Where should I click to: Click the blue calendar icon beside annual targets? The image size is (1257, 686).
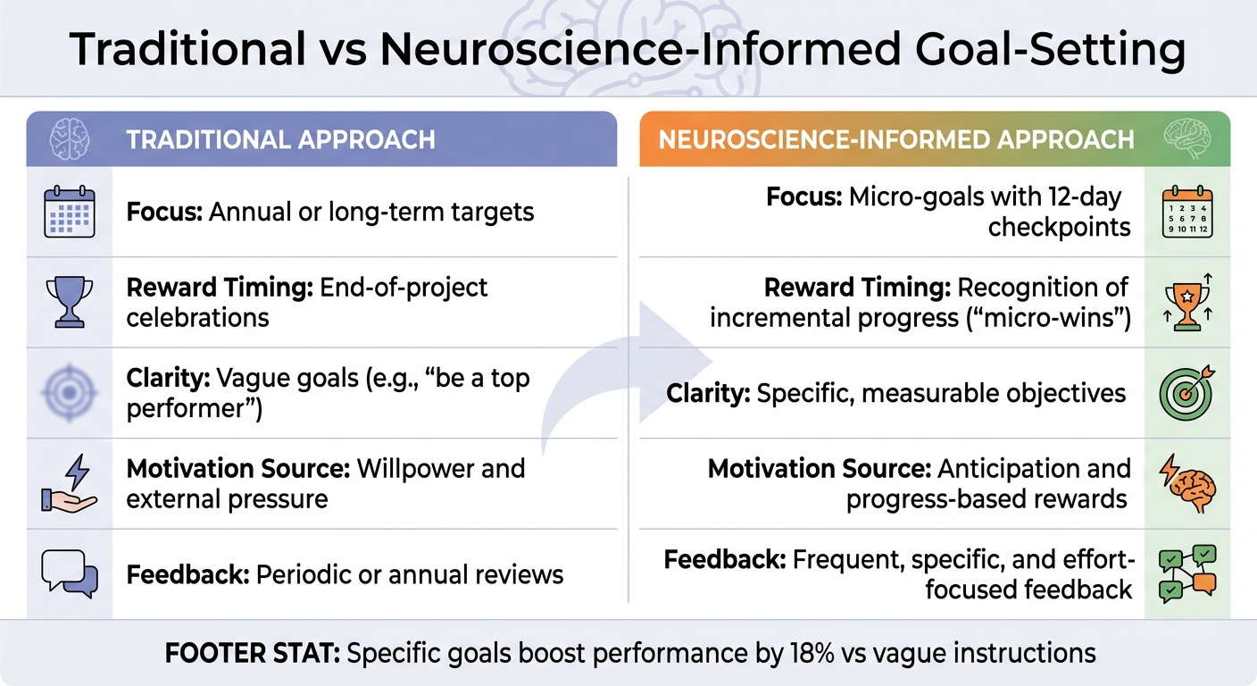point(69,212)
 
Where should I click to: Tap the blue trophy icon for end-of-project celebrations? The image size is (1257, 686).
point(69,302)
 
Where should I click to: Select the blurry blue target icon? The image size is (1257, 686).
point(69,392)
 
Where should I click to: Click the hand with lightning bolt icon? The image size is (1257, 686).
point(69,483)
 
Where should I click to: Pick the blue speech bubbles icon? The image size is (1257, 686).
point(69,573)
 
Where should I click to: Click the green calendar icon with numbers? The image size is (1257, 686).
point(1186,212)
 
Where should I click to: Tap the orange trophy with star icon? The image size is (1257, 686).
point(1186,302)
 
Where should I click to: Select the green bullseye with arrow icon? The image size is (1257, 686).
point(1186,392)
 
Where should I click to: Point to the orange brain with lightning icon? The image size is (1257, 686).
point(1186,483)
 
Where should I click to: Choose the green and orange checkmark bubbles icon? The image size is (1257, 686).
point(1186,573)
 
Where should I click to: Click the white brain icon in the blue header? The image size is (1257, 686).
point(69,139)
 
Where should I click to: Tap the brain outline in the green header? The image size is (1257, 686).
point(1186,139)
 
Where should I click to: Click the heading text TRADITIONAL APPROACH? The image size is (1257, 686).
point(280,140)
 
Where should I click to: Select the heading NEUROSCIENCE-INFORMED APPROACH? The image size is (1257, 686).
point(896,140)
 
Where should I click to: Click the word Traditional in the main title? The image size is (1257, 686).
point(187,51)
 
